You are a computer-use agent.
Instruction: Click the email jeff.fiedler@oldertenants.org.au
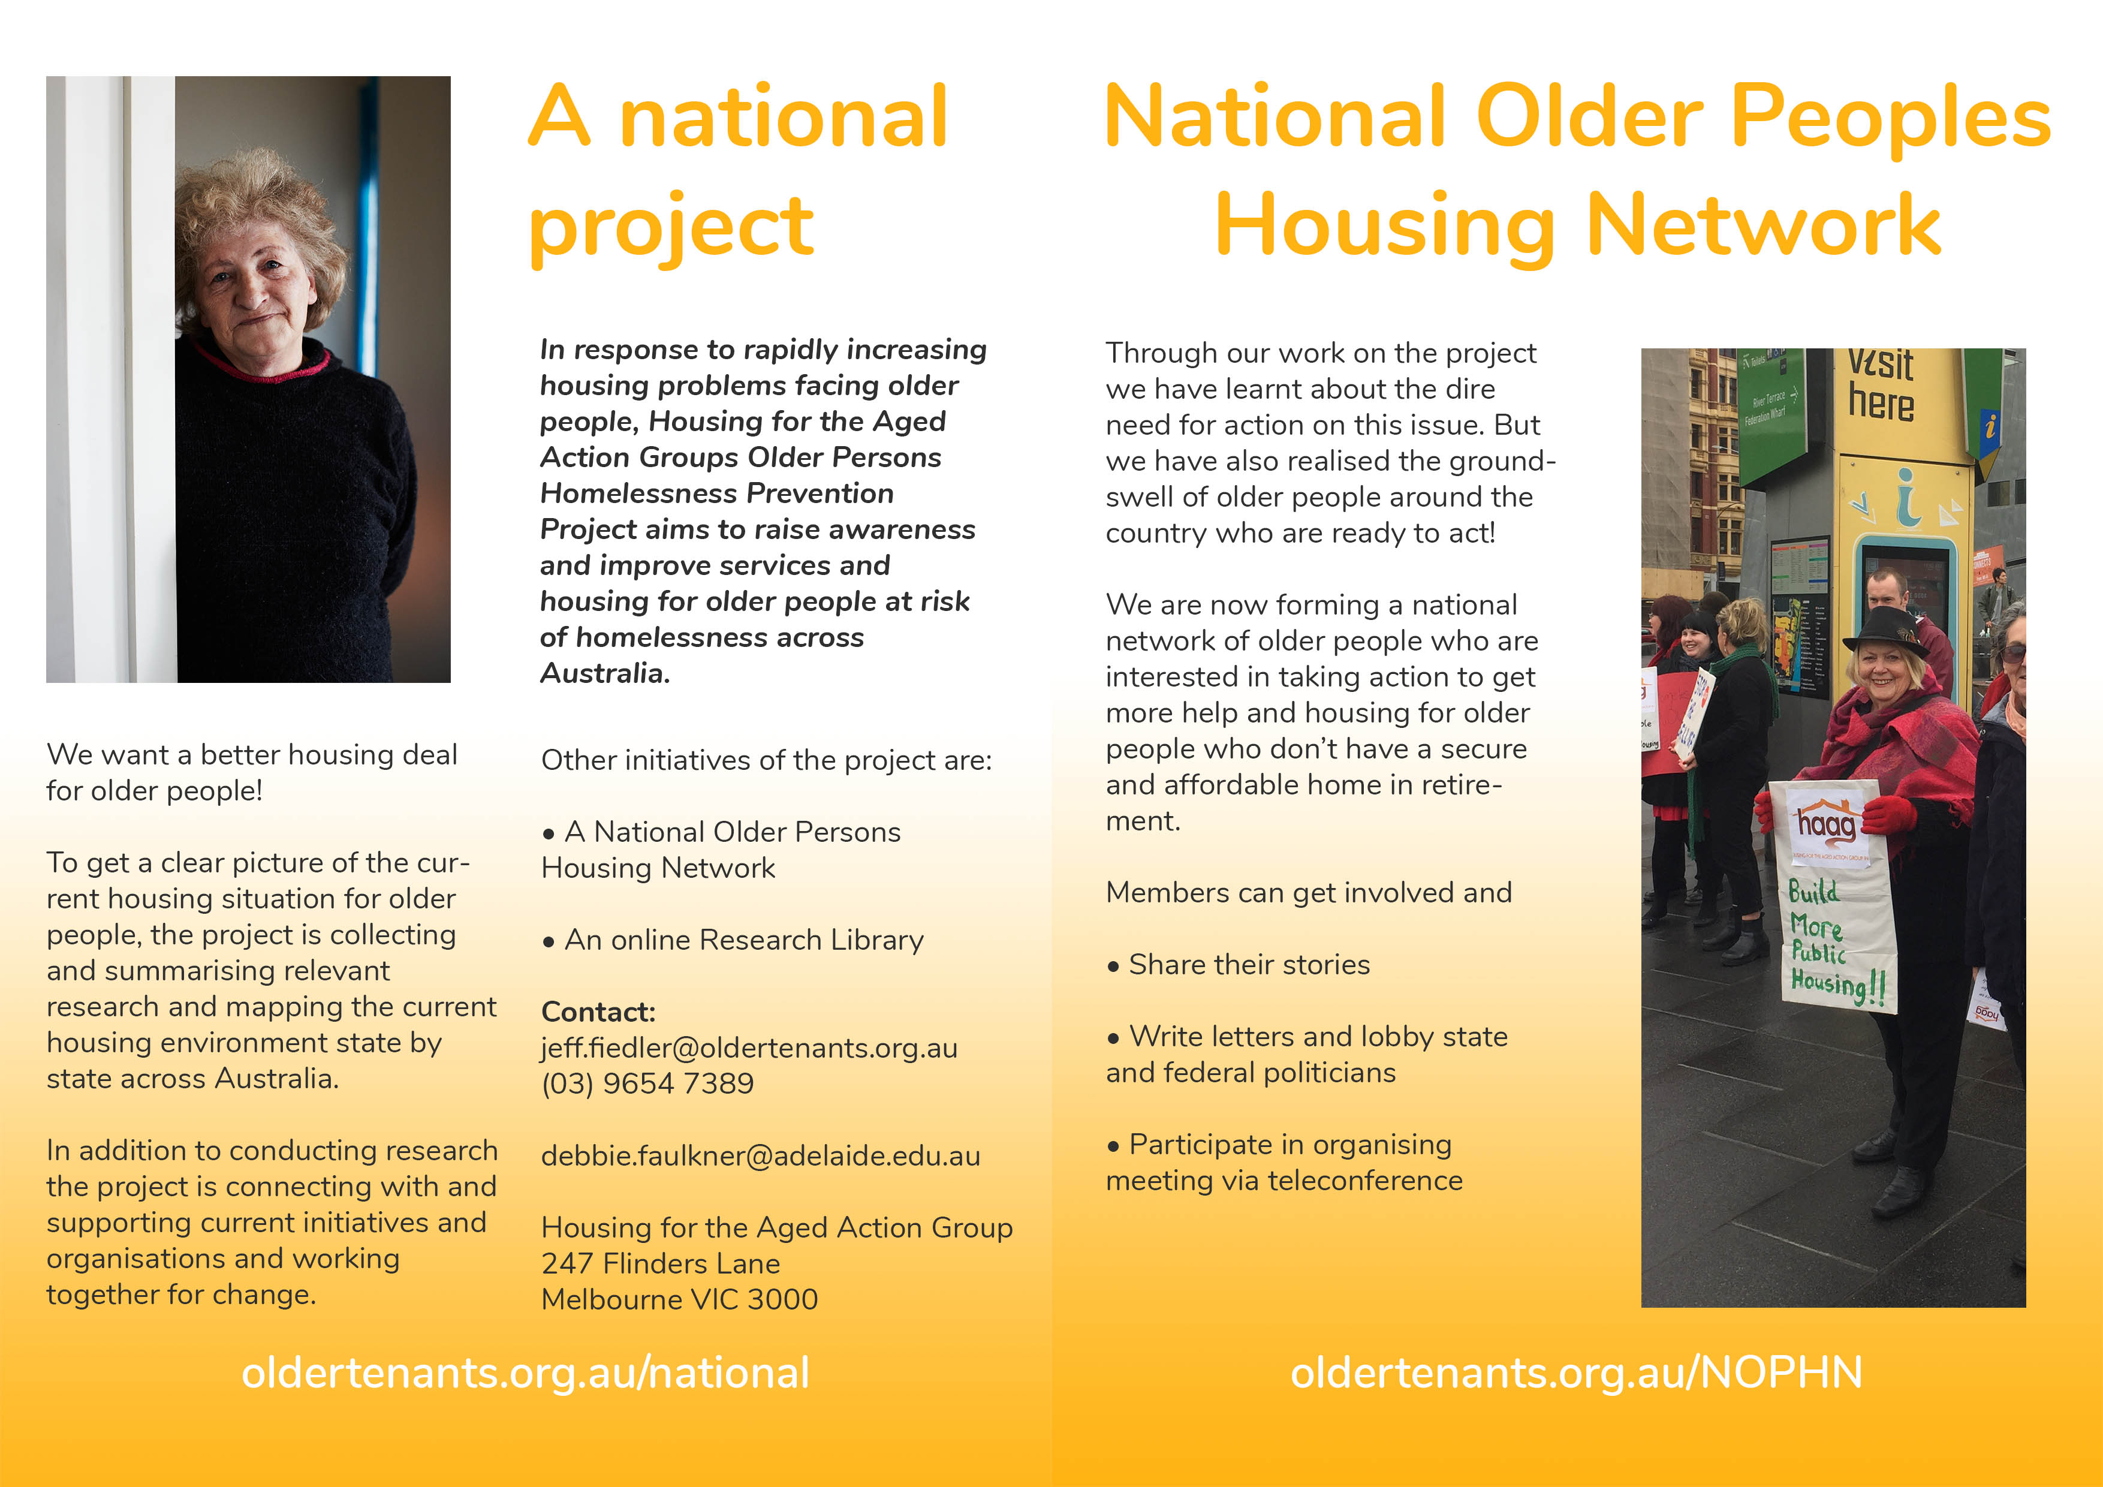point(749,1047)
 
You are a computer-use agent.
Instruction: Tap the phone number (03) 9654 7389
point(647,1084)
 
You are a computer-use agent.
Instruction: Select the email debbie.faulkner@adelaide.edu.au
point(760,1155)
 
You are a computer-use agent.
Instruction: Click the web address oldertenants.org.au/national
point(526,1372)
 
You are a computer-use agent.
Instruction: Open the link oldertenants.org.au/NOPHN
point(1576,1372)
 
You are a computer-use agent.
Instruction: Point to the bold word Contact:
point(598,1012)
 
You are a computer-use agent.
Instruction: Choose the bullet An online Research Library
point(733,940)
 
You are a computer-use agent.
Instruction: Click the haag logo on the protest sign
point(1827,823)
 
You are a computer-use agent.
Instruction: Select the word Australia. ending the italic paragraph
point(605,673)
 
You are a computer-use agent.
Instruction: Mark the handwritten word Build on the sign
point(1813,892)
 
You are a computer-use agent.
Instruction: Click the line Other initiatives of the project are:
point(767,760)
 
